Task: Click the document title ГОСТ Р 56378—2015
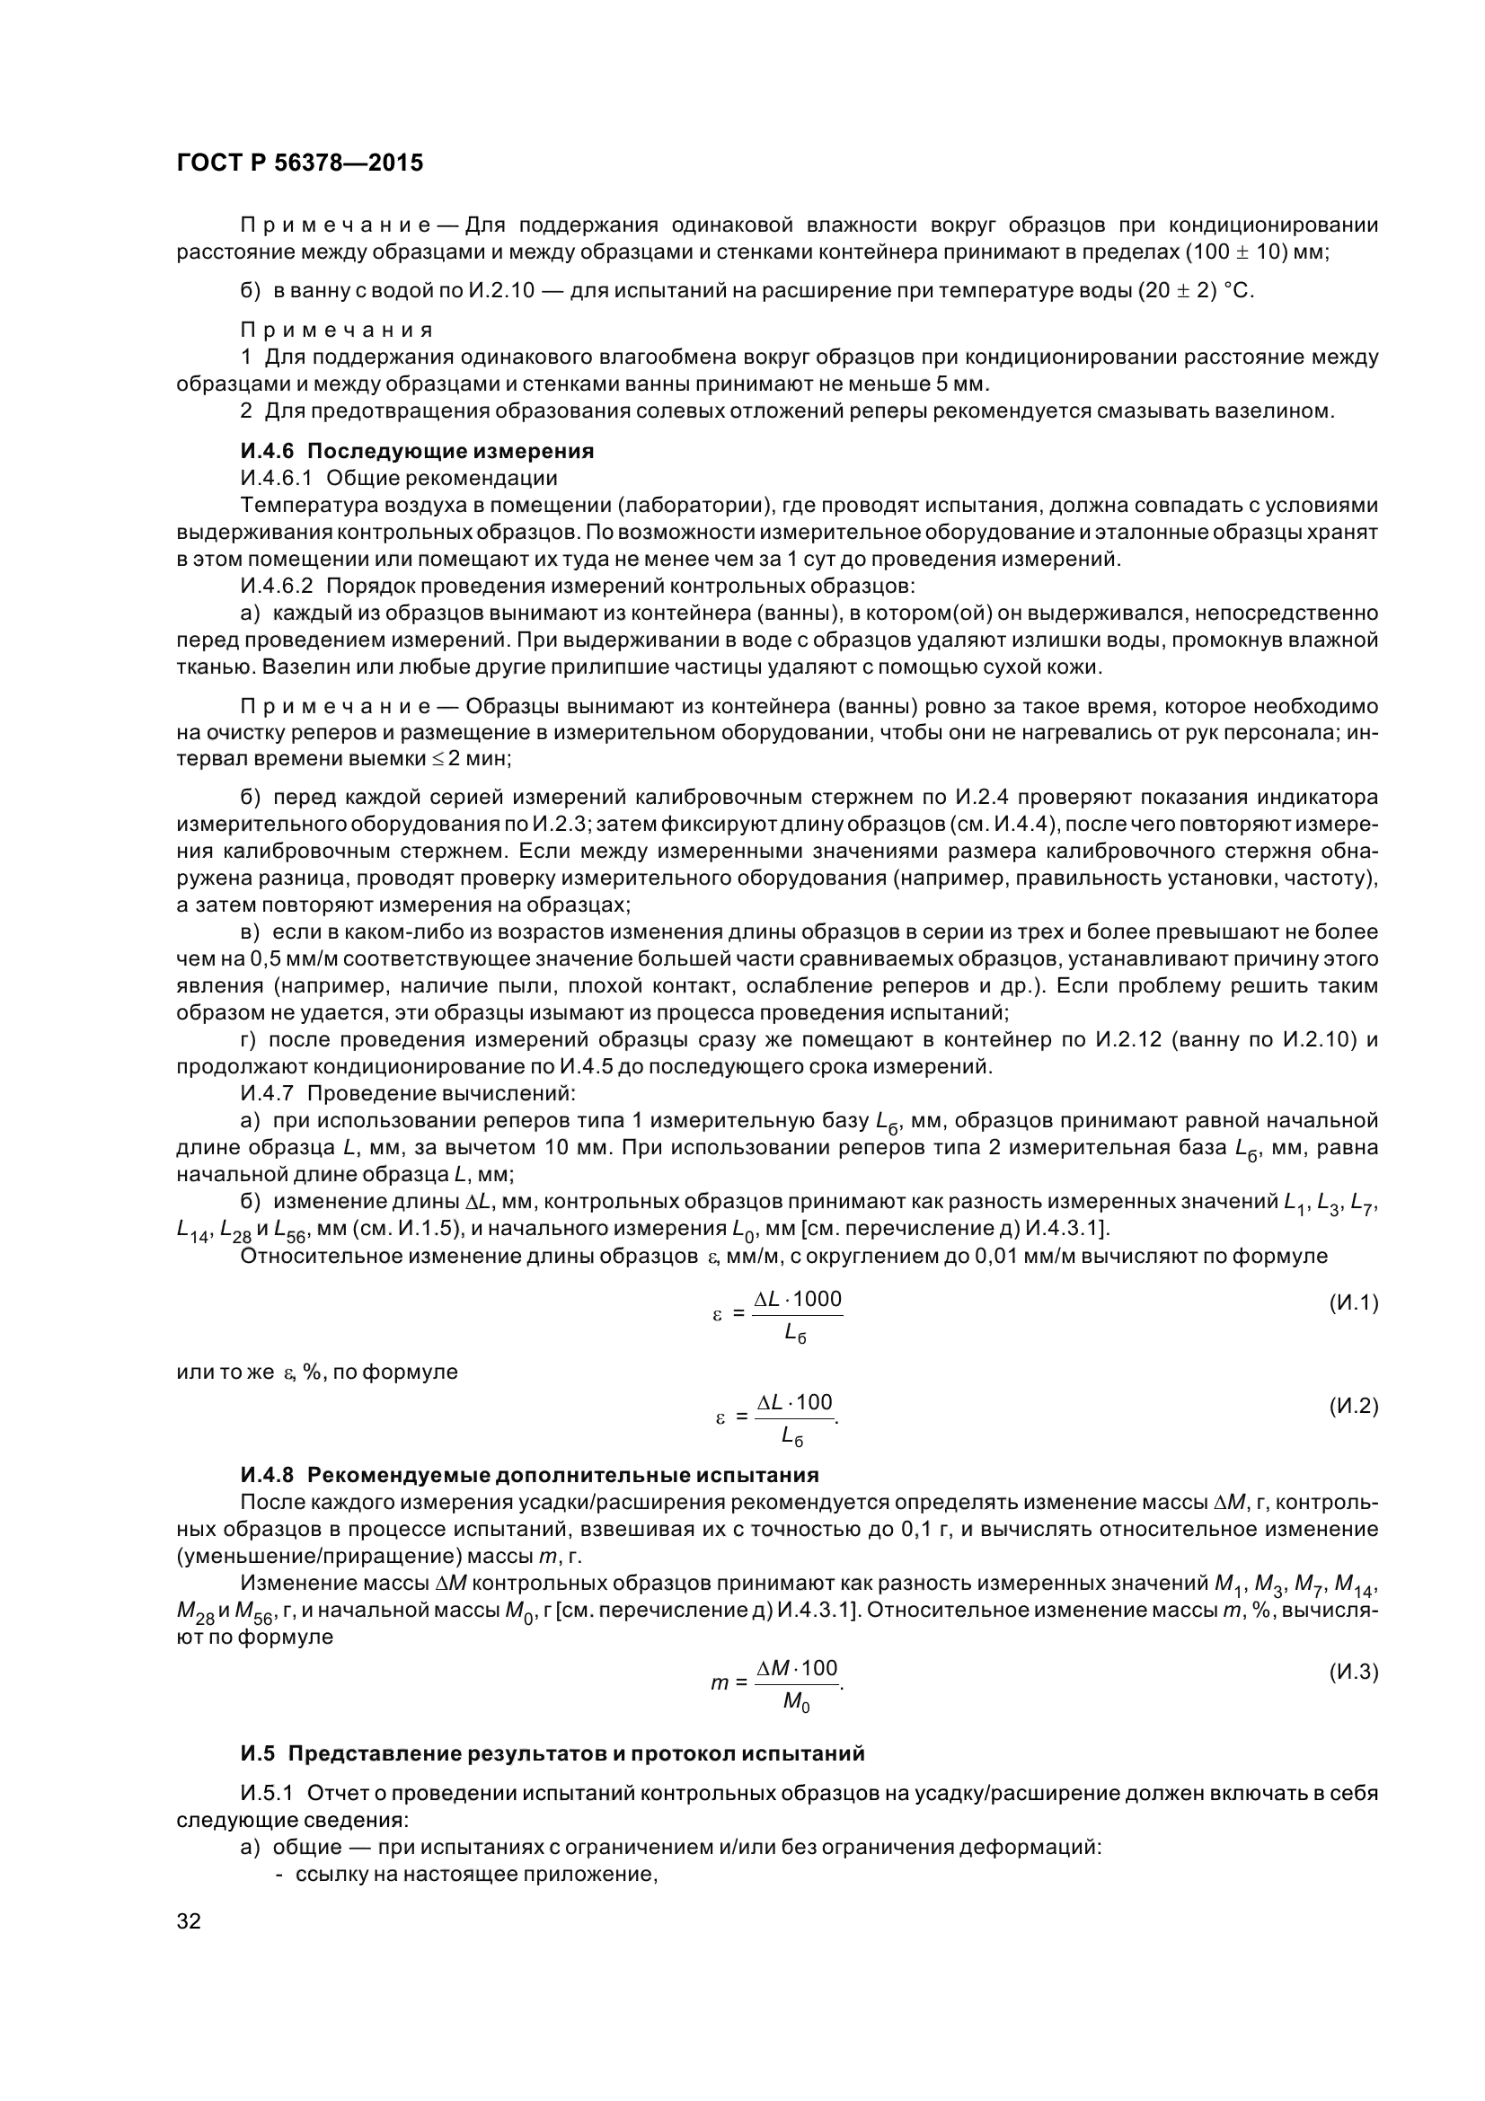(x=299, y=163)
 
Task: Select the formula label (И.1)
(x=1352, y=1303)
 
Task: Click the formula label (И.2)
(x=1352, y=1407)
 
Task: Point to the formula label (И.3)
(x=1352, y=1673)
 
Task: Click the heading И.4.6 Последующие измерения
(x=417, y=451)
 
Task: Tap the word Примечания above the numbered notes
(x=337, y=330)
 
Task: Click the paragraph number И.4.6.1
(x=278, y=478)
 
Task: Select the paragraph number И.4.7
(x=266, y=1093)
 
